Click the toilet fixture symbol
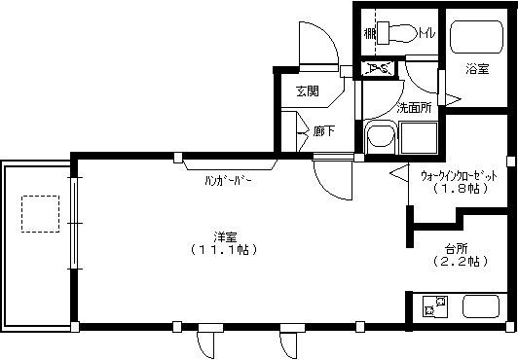[398, 33]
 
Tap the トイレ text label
[427, 36]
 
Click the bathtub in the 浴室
[476, 39]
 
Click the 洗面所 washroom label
[415, 107]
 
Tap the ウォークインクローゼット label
[459, 176]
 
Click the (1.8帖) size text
[458, 190]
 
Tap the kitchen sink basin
[483, 307]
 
